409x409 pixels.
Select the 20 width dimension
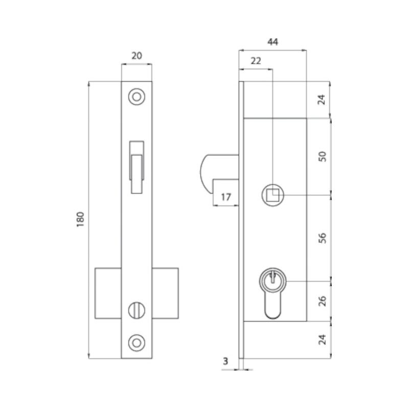(x=137, y=56)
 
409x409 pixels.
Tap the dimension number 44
(x=272, y=42)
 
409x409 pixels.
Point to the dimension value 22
(x=256, y=60)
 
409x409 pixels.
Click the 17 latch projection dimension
(x=225, y=197)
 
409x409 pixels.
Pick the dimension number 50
(x=322, y=156)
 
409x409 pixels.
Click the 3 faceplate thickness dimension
(x=225, y=361)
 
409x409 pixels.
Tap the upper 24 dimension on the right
(x=322, y=99)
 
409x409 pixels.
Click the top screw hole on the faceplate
(x=137, y=96)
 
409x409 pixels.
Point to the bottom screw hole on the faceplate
(x=137, y=341)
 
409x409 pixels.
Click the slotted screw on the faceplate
(x=137, y=309)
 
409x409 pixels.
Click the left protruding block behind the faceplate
(x=108, y=291)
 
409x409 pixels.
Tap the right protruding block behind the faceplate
(x=165, y=291)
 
